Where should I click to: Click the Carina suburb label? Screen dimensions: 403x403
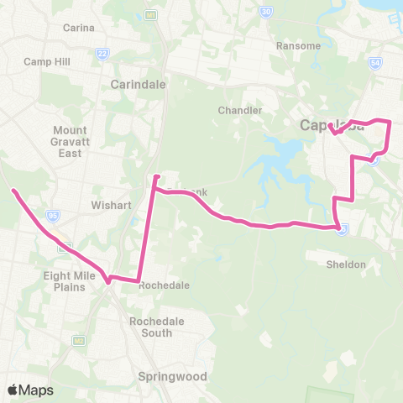coord(77,27)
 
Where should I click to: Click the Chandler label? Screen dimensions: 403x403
coord(240,110)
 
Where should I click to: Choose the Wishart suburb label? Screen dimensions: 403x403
coord(107,204)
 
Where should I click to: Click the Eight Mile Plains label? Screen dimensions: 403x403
coord(64,281)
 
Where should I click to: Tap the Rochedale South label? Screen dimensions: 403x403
coord(151,327)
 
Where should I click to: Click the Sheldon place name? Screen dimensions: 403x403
coord(346,264)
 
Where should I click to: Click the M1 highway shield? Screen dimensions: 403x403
coord(150,14)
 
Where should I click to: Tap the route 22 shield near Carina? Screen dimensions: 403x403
coord(102,52)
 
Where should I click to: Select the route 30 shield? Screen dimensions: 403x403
coord(265,12)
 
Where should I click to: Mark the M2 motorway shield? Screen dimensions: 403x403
coord(78,340)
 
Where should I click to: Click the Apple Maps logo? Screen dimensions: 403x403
coord(30,390)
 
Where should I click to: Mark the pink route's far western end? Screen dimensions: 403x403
coord(13,191)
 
